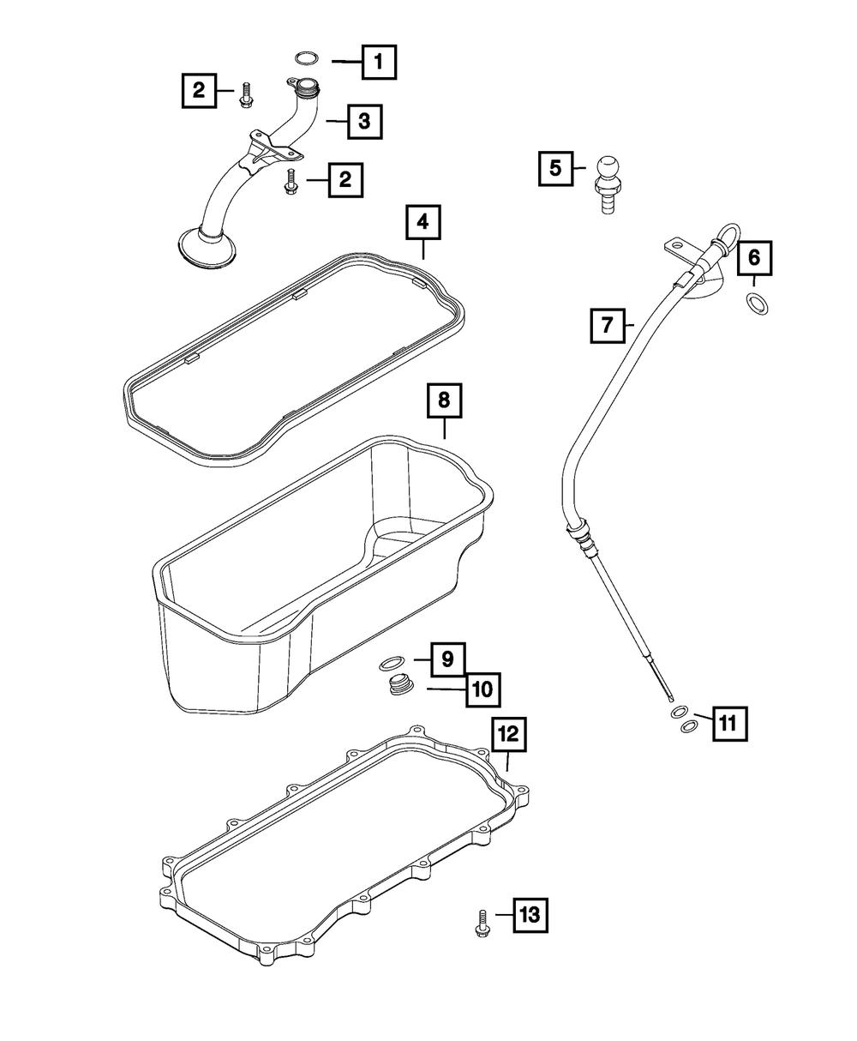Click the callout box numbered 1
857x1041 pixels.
(380, 62)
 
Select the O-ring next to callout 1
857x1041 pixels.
(307, 58)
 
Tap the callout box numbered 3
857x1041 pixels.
(364, 122)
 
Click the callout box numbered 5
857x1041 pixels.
(555, 168)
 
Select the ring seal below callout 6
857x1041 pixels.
(757, 303)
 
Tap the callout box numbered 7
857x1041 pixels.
(607, 325)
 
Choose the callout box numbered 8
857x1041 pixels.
(444, 400)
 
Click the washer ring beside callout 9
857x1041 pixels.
(392, 662)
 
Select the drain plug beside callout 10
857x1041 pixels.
(399, 686)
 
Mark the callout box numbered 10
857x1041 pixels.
(482, 688)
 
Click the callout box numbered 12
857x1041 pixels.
(507, 733)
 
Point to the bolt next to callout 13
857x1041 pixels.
(480, 922)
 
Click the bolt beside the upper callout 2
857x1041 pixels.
(246, 94)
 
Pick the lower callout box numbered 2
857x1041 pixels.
(345, 179)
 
